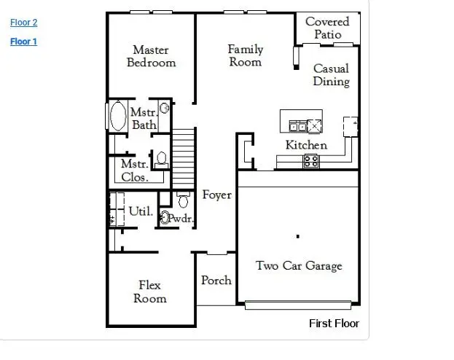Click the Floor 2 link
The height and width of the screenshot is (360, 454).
click(x=23, y=23)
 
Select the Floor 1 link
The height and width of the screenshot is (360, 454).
click(x=23, y=42)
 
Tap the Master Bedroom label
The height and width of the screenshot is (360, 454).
click(x=151, y=56)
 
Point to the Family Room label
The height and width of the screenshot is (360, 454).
click(x=245, y=55)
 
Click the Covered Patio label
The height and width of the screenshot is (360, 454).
click(x=327, y=28)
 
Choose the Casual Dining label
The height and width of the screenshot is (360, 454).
click(x=331, y=75)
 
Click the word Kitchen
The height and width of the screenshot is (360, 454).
click(x=305, y=145)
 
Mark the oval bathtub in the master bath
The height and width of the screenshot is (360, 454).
click(x=117, y=117)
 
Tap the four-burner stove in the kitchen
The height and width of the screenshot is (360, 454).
click(x=311, y=161)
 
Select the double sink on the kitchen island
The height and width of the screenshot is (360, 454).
click(x=298, y=126)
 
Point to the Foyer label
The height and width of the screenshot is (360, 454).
click(x=216, y=195)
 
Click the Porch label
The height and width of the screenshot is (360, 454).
click(x=216, y=280)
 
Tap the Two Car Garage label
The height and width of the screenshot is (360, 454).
click(x=298, y=266)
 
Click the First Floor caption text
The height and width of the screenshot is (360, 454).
click(x=334, y=324)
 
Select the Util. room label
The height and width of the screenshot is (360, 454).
click(x=141, y=211)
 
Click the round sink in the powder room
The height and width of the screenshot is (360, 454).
click(x=165, y=217)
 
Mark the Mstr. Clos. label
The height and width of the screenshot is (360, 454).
click(x=135, y=171)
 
